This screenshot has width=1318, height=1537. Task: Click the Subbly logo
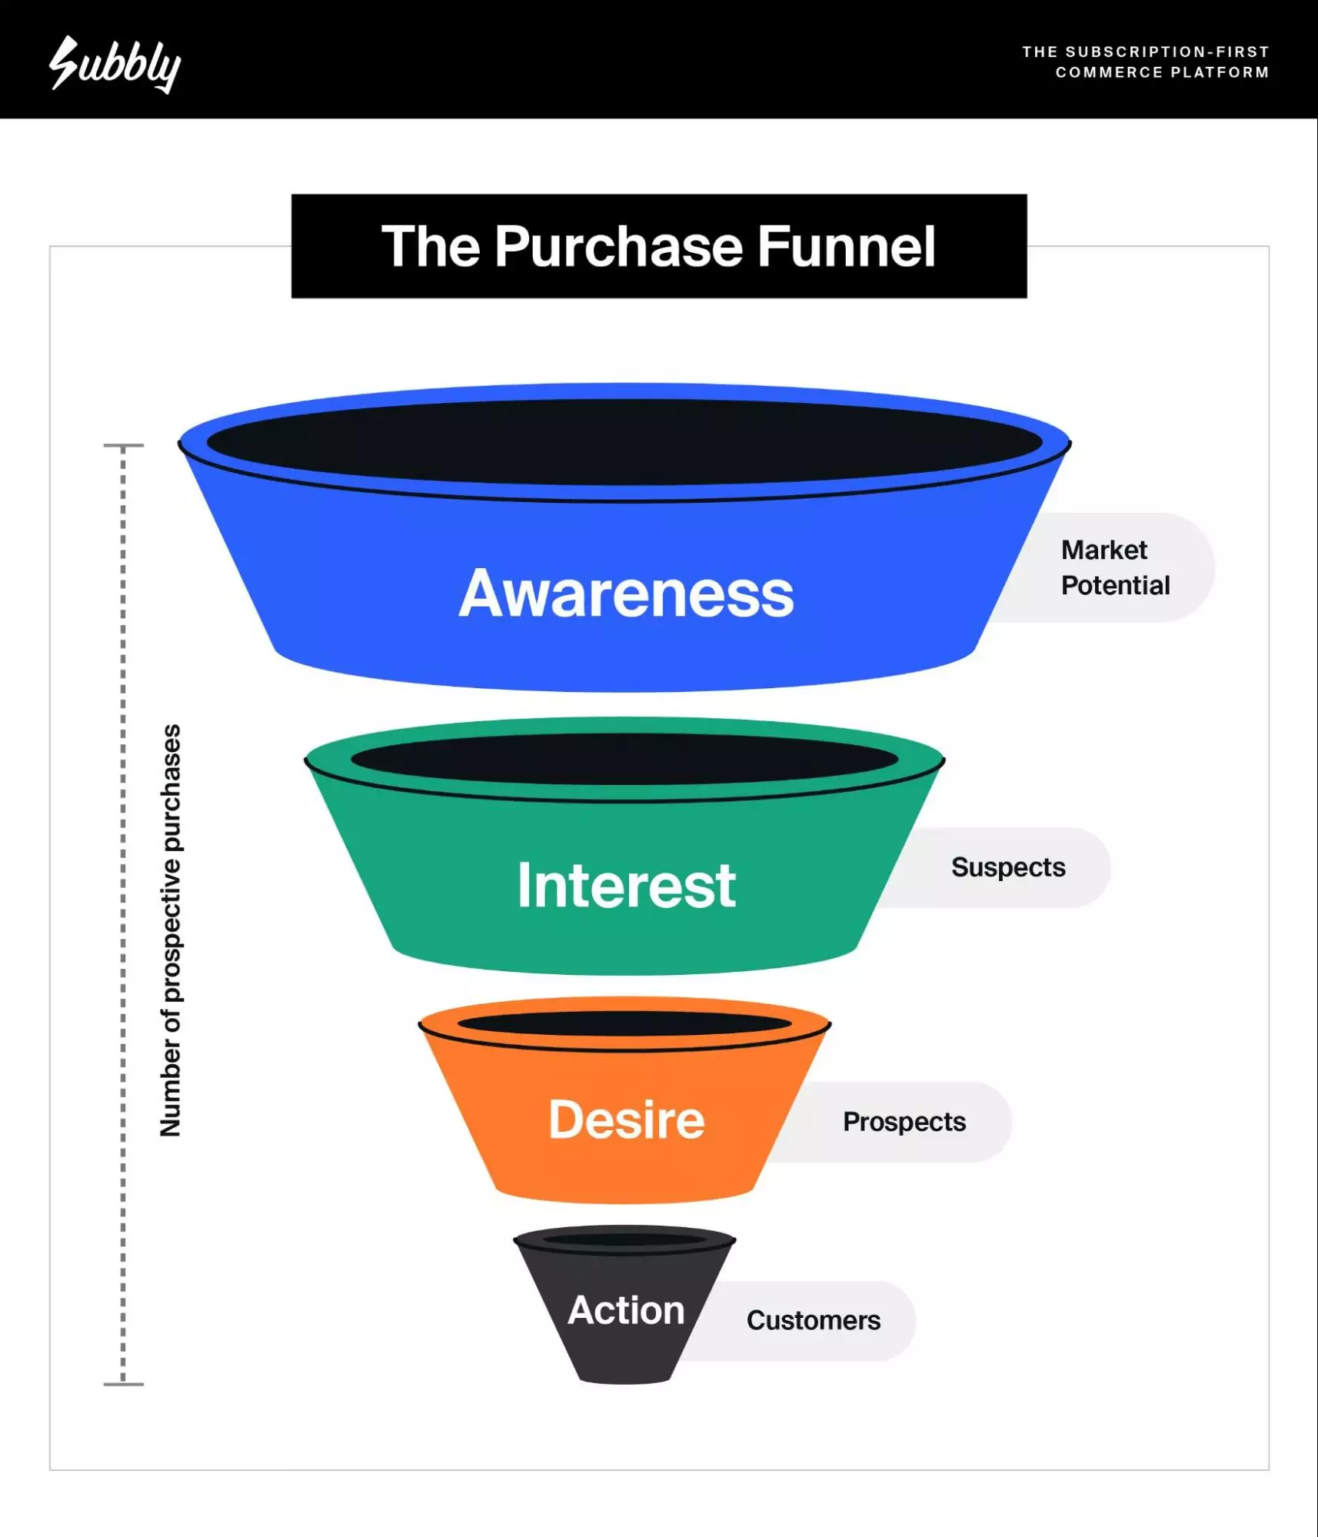point(115,65)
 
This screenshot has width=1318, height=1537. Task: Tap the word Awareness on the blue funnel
point(626,594)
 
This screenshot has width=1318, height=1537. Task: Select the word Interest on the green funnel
point(626,885)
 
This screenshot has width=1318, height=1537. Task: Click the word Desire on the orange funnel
point(626,1119)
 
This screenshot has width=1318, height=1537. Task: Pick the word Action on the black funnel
point(626,1310)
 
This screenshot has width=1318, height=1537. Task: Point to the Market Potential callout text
point(1114,567)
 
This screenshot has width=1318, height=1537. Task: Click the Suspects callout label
point(1007,867)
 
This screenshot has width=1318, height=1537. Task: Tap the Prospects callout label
point(904,1122)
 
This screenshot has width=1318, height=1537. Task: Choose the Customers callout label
point(813,1320)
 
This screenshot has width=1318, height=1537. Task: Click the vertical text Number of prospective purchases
point(171,930)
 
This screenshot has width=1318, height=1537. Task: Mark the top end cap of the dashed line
point(123,445)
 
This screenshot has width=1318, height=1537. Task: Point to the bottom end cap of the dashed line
point(123,1384)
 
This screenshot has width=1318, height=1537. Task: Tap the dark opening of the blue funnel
point(624,441)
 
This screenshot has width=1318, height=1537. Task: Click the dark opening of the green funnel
point(624,759)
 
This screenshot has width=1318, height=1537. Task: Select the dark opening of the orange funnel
point(624,1023)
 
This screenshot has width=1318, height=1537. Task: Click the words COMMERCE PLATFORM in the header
point(1161,72)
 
